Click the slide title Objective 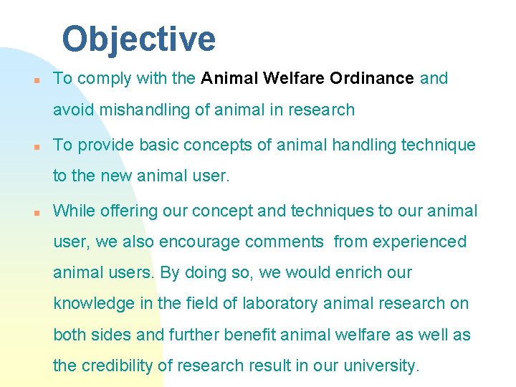pos(138,39)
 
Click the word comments pos(285,242)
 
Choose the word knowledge pos(93,304)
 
